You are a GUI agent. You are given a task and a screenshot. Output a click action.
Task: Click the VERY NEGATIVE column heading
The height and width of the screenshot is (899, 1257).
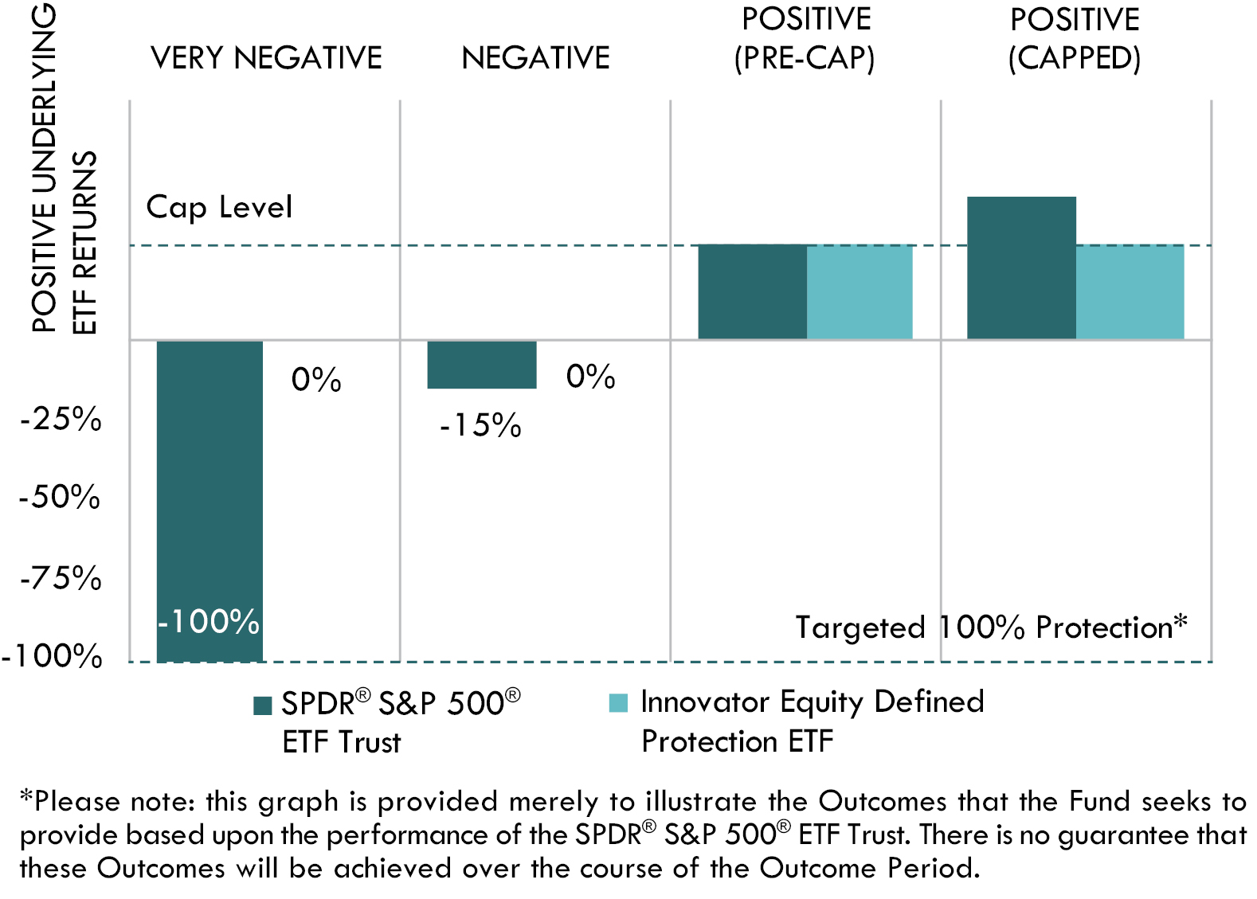[x=266, y=58]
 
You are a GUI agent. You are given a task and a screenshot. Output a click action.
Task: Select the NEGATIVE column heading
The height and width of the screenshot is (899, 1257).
[x=535, y=58]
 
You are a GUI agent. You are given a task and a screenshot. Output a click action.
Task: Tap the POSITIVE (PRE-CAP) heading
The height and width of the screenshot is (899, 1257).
[x=805, y=39]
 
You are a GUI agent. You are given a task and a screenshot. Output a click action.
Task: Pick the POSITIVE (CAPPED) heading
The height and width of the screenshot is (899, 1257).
[x=1075, y=39]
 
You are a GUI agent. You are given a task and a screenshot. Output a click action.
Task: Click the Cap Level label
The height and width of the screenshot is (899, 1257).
[x=219, y=207]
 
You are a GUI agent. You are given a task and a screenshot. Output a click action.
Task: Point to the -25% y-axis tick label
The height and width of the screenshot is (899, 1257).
[x=61, y=419]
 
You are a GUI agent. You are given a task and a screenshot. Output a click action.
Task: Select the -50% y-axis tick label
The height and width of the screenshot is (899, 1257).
[x=60, y=497]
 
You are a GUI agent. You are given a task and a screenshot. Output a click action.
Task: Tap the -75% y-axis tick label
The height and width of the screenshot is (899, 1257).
[x=61, y=577]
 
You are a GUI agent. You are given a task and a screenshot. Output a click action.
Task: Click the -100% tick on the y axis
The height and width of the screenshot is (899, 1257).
[x=53, y=656]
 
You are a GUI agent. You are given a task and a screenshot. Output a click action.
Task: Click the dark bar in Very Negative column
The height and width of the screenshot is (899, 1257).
[x=209, y=478]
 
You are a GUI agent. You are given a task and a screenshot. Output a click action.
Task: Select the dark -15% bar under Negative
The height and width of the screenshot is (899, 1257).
[x=481, y=365]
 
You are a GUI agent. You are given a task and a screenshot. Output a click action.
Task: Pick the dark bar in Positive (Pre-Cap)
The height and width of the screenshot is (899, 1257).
[x=752, y=292]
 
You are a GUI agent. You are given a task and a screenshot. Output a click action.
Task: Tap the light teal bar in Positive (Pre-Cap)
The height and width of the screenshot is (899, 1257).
[x=860, y=292]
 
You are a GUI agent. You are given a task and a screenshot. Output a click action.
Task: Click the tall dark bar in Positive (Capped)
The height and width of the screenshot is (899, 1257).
[x=1021, y=268]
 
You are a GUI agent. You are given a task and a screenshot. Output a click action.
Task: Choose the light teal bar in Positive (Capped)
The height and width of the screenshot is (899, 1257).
[x=1130, y=292]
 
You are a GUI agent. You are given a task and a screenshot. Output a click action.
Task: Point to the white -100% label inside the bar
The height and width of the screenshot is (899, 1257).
[x=209, y=621]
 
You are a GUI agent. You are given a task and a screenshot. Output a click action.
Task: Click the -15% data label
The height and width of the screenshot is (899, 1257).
[x=481, y=425]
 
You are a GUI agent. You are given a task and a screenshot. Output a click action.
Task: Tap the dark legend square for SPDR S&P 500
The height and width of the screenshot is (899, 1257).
[x=263, y=706]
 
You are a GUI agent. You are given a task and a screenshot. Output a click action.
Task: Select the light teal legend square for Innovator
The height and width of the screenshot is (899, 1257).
[x=618, y=703]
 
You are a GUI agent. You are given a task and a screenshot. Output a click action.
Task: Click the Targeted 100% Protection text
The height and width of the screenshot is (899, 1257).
[x=991, y=627]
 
